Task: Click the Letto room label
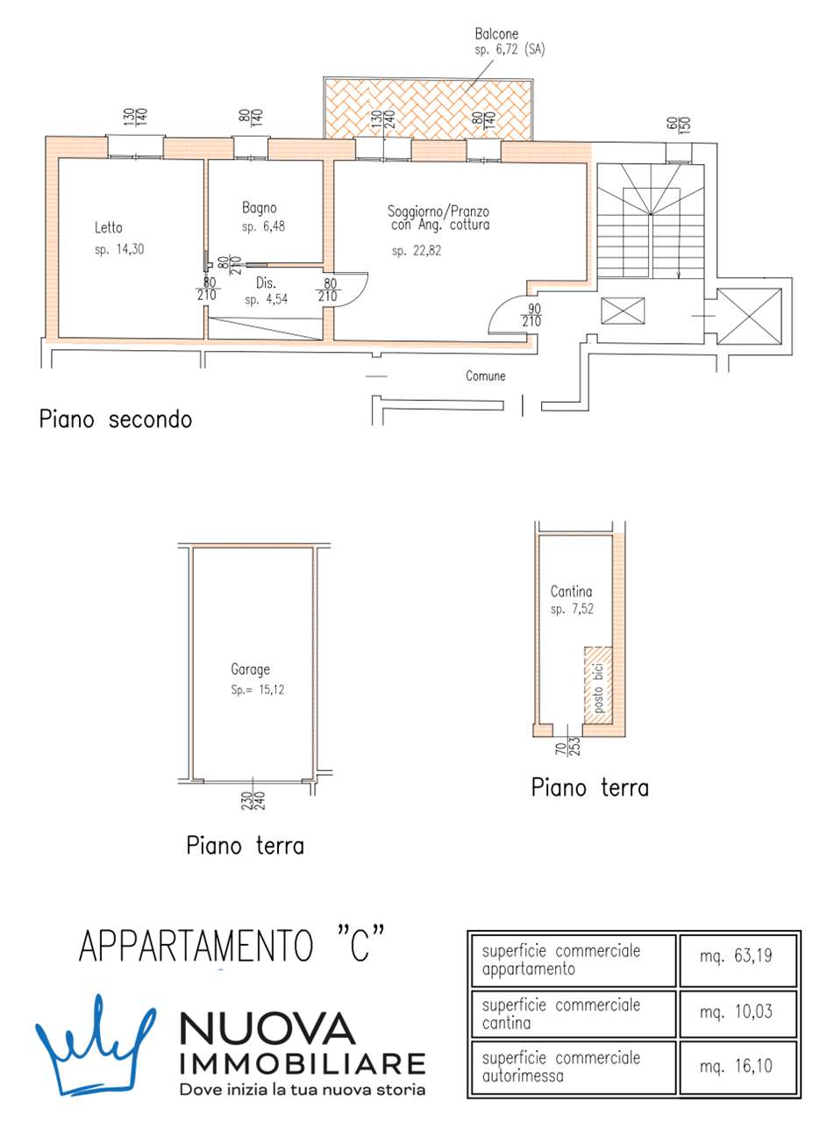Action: (109, 228)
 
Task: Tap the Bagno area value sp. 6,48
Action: (264, 226)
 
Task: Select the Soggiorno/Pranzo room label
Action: (438, 211)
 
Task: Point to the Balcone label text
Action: (496, 33)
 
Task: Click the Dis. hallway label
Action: (267, 283)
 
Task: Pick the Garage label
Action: (250, 669)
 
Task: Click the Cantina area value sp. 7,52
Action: (573, 610)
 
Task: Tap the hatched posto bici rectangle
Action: (599, 685)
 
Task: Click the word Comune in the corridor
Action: (485, 376)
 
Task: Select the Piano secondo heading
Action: (115, 419)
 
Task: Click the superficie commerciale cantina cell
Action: (561, 1013)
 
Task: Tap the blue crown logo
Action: (95, 1041)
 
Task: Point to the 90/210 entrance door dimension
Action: (531, 315)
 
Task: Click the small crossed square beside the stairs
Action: (623, 311)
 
